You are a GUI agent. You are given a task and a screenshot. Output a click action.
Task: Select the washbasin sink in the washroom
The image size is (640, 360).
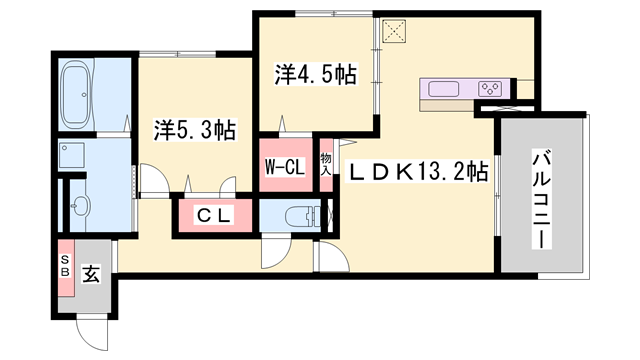point(80,207)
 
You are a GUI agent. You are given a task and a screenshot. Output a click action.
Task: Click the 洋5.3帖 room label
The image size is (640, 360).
point(194,129)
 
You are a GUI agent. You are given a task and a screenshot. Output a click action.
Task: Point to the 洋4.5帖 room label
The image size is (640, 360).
point(316,74)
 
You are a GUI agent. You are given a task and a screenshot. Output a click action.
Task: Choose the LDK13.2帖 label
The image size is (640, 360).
point(417,171)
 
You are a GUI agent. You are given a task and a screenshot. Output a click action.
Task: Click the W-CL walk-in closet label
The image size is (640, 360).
point(284,167)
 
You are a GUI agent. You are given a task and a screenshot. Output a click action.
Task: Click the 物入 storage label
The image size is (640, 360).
point(326,165)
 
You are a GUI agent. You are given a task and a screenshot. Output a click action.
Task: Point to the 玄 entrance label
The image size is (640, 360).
point(90,271)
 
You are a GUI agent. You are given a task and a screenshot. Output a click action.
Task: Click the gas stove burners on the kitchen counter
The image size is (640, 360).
point(490,88)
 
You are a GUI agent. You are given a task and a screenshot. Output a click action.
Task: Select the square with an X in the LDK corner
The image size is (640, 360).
point(393,33)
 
